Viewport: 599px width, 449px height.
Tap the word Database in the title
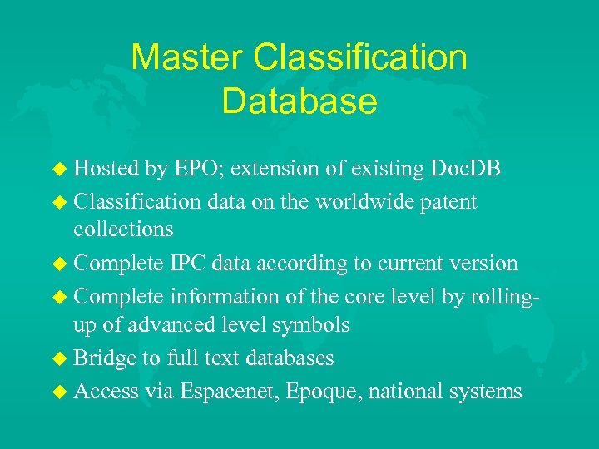299,101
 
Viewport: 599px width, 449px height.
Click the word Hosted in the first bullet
106,169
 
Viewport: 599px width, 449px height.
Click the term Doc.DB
465,169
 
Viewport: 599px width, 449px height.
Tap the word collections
123,229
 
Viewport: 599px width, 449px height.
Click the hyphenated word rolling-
496,295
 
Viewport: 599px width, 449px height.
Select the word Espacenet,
229,391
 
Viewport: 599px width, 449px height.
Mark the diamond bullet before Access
61,391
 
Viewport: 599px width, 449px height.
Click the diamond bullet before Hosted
61,169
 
